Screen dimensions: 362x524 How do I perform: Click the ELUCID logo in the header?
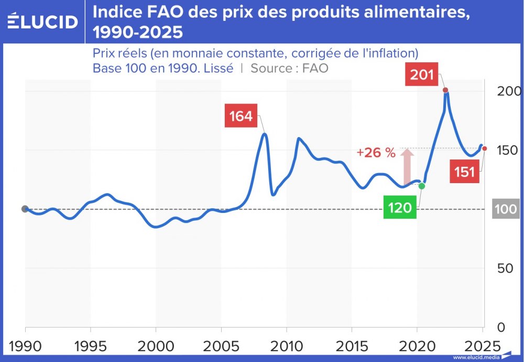point(43,21)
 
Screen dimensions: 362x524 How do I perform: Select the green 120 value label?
point(400,208)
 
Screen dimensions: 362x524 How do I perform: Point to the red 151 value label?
point(465,172)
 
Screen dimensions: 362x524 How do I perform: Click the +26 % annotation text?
point(376,153)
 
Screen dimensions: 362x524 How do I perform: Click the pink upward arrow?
point(407,165)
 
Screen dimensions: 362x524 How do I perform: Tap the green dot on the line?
point(422,186)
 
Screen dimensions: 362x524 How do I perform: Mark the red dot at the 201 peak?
point(445,90)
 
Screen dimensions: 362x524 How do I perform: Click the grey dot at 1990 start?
point(25,209)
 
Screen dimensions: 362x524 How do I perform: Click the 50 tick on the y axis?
point(505,268)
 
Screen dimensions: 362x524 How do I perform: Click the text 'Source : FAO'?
point(289,68)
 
